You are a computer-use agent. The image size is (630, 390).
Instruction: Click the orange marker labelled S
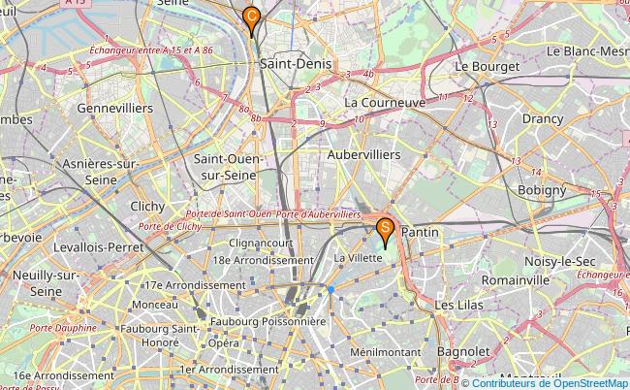[385, 231]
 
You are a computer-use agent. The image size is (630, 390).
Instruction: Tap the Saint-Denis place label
[296, 63]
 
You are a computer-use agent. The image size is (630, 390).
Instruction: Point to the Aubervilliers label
[363, 154]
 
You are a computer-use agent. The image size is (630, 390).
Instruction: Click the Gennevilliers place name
[114, 108]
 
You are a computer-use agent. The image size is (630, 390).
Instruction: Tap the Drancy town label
[543, 118]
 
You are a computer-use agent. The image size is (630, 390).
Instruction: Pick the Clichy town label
[146, 206]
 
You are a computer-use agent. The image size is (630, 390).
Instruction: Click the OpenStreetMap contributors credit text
[549, 382]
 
